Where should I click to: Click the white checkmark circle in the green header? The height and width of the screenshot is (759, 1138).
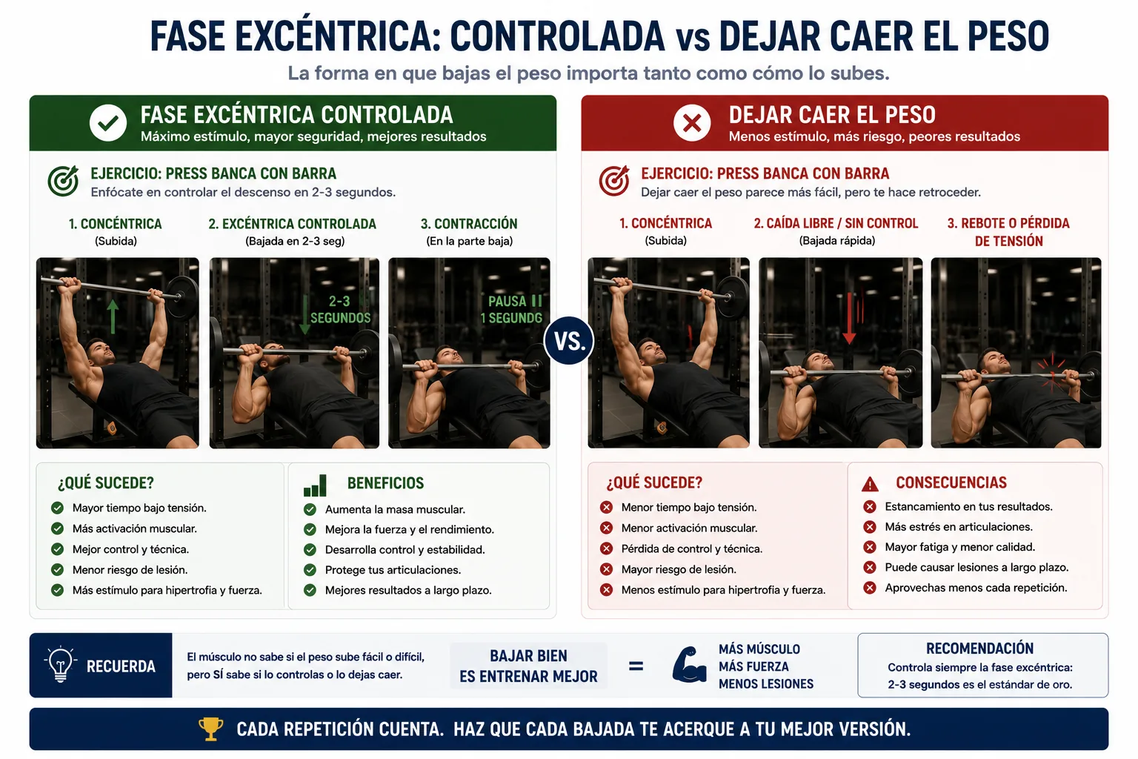click(x=108, y=123)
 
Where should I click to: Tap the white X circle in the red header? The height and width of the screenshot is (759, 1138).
click(x=692, y=123)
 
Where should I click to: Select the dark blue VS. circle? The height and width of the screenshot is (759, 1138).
click(x=569, y=341)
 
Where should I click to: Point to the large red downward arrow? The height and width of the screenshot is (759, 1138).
click(x=849, y=319)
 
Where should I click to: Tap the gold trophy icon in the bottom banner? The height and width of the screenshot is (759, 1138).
click(x=210, y=729)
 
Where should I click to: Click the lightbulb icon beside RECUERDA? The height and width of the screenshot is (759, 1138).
click(x=61, y=664)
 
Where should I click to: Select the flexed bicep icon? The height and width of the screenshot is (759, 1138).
click(x=689, y=664)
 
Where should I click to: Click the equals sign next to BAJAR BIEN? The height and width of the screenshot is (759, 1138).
click(x=636, y=666)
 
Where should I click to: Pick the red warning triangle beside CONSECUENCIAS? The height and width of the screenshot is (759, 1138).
click(x=870, y=485)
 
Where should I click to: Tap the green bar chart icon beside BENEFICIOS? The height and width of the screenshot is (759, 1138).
click(x=315, y=485)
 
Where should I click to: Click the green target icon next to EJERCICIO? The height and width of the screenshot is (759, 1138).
click(x=63, y=181)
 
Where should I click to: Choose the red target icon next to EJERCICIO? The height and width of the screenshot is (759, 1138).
click(x=613, y=181)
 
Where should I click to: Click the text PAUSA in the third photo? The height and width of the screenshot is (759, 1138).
click(x=507, y=302)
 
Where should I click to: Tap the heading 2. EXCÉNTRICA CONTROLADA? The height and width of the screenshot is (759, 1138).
click(x=292, y=224)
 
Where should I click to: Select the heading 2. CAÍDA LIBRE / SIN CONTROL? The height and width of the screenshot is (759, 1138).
click(x=836, y=223)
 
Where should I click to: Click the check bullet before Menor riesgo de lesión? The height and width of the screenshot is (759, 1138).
click(x=57, y=570)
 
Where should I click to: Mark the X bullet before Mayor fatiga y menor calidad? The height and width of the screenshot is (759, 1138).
click(x=870, y=547)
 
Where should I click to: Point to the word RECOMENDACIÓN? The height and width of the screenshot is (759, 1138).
click(x=979, y=649)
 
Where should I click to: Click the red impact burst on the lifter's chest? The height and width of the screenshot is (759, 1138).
click(x=1051, y=374)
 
